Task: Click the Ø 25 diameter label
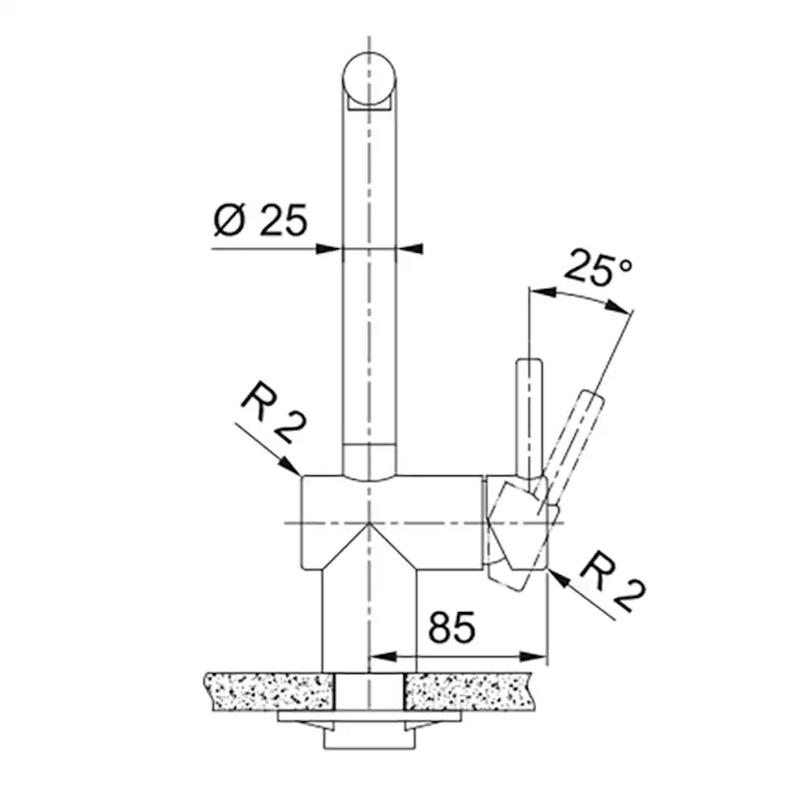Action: point(259,220)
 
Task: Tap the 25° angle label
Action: point(598,269)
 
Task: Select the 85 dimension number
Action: point(451,627)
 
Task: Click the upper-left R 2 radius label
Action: point(273,412)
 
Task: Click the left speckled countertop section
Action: point(269,691)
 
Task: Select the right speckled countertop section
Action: point(470,691)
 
